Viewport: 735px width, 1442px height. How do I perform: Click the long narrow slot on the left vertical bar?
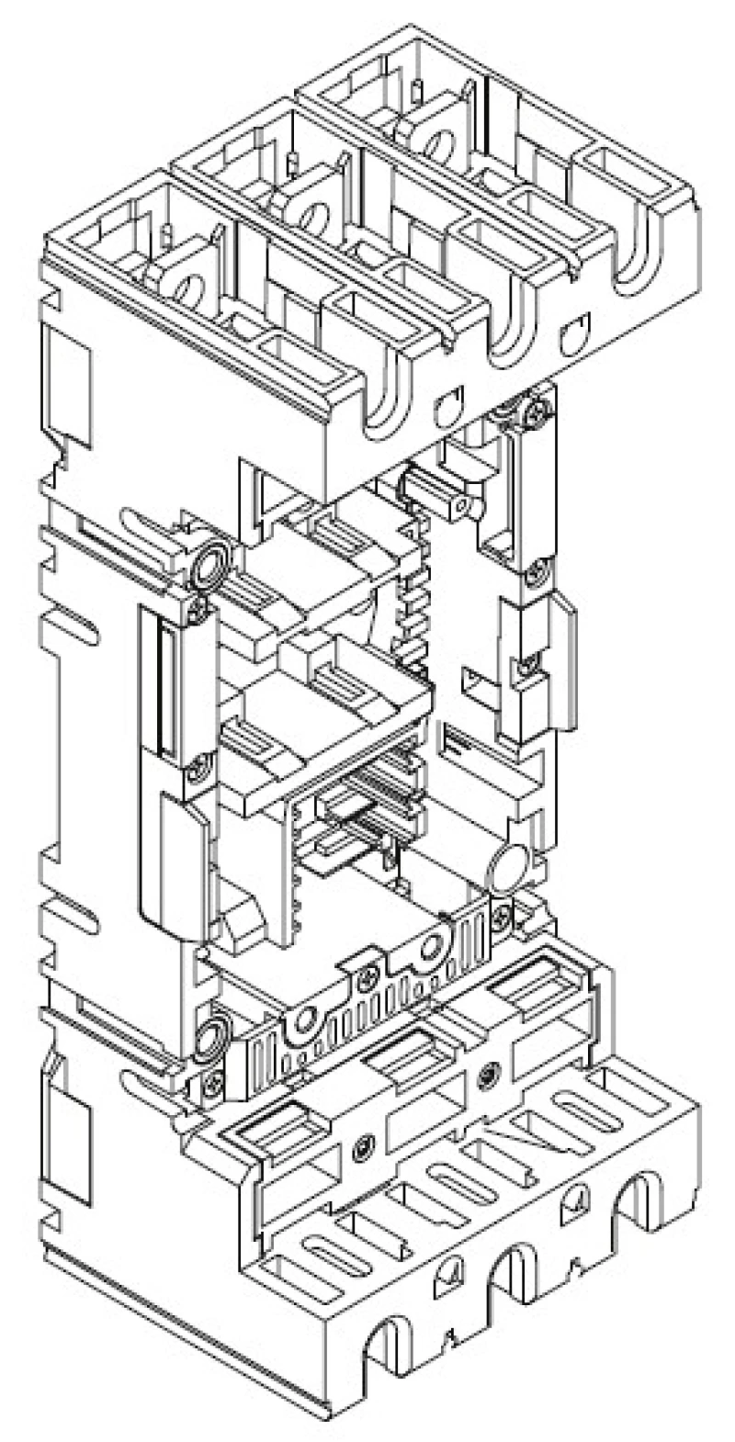(166, 689)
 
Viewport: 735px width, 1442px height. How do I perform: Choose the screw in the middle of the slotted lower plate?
(368, 979)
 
